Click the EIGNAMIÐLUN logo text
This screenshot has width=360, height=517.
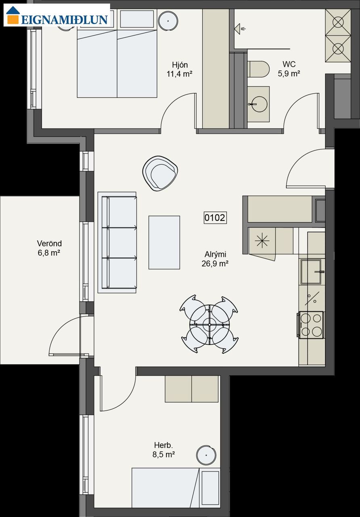point(64,20)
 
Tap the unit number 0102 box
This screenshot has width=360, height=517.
point(215,218)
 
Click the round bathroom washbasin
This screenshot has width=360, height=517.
point(259,104)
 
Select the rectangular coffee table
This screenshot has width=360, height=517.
point(164,242)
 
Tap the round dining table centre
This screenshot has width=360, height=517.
point(209,324)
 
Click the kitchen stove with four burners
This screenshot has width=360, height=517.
point(311,325)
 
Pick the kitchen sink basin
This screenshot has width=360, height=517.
point(311,272)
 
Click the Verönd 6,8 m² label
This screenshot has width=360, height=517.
point(49,248)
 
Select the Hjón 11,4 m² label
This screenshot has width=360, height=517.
point(180,69)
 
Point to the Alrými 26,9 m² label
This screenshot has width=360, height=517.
point(215,259)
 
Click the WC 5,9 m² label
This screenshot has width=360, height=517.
point(289,69)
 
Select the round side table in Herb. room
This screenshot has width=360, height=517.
point(206,455)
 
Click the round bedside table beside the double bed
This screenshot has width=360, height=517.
point(168,21)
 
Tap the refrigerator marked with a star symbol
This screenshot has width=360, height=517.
point(262,241)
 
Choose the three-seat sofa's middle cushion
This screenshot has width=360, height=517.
point(122,243)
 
